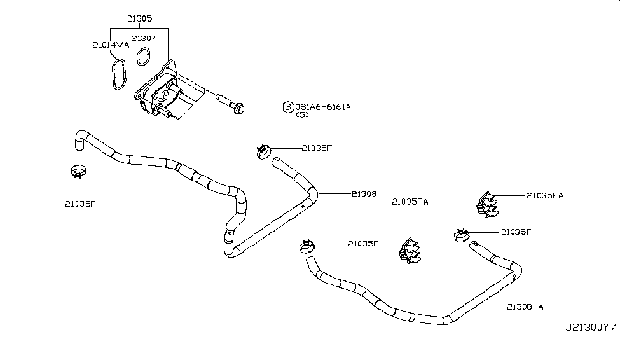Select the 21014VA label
click(x=111, y=45)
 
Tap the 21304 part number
click(x=144, y=38)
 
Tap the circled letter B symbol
click(x=288, y=107)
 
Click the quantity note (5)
click(x=303, y=116)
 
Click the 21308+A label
click(x=525, y=307)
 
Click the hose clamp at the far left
click(x=78, y=171)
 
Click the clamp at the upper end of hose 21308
click(x=261, y=151)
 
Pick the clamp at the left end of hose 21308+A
click(x=306, y=245)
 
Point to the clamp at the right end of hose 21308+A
click(x=462, y=235)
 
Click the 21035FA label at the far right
click(x=544, y=196)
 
